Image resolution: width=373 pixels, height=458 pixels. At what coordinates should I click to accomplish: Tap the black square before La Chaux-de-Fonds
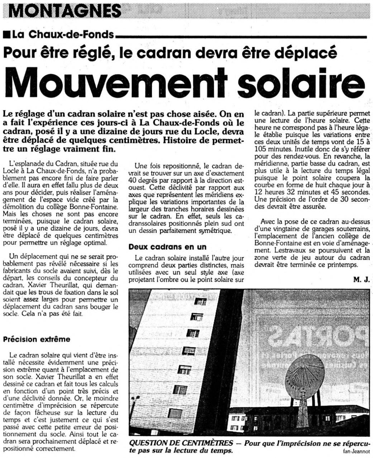click(6, 35)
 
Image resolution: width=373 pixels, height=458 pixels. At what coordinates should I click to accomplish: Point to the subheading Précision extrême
click(37, 339)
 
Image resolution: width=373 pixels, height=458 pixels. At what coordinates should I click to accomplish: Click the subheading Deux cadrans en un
click(167, 247)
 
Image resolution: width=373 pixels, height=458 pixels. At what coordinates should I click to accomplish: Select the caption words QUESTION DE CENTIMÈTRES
click(181, 443)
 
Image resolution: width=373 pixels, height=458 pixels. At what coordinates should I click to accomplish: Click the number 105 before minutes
click(262, 149)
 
